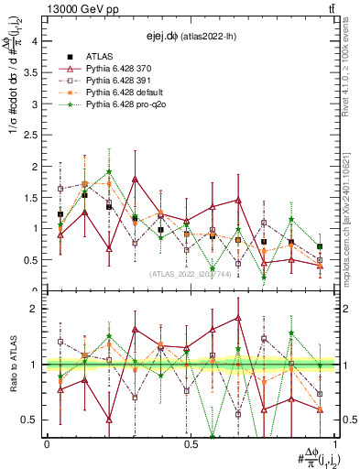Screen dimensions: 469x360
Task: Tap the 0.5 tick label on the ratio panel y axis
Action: coord(27,420)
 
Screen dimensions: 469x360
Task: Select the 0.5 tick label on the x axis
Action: coord(190,443)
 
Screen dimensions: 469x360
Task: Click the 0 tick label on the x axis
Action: coord(46,443)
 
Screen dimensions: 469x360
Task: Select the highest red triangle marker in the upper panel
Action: coord(136,180)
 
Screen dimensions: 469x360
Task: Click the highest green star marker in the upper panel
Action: coord(109,171)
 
